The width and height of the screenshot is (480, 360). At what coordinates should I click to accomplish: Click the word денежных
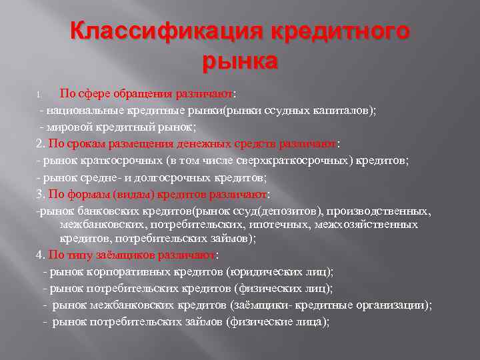click(203, 143)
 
